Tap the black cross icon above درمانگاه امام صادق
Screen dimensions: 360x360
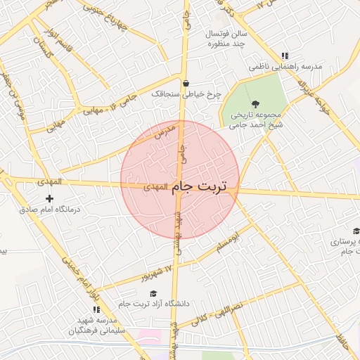(49, 199)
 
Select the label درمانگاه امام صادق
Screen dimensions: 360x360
(50, 210)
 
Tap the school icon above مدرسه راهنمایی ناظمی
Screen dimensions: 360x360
(284, 56)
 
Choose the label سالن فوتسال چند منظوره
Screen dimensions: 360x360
(225, 39)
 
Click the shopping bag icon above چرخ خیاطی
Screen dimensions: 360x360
(183, 82)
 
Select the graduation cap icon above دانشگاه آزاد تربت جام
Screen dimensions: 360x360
(153, 293)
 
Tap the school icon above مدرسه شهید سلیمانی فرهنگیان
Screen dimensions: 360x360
(96, 309)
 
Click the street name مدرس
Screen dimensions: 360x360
(163, 131)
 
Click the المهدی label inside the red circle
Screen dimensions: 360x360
(155, 188)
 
